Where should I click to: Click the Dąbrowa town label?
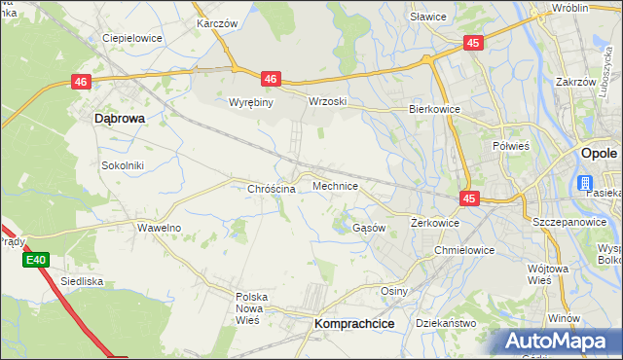119,118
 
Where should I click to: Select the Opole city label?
598,154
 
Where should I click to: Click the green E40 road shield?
36,260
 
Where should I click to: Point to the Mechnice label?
335,185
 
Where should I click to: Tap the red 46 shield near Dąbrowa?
81,84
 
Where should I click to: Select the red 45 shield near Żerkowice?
470,198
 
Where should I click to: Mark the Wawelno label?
159,228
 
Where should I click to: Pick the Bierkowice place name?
434,110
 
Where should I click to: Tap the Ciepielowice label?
132,38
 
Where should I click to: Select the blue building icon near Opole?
586,183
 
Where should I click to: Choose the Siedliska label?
82,280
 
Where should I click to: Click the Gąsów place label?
369,228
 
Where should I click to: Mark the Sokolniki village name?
123,165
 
